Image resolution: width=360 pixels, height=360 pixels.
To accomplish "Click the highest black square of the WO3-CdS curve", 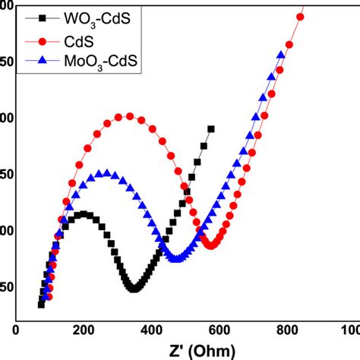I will tap(210, 129).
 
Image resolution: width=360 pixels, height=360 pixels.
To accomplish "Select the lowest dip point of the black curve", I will tap(134, 289).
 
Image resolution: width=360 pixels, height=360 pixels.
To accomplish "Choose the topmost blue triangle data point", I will tap(281, 55).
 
